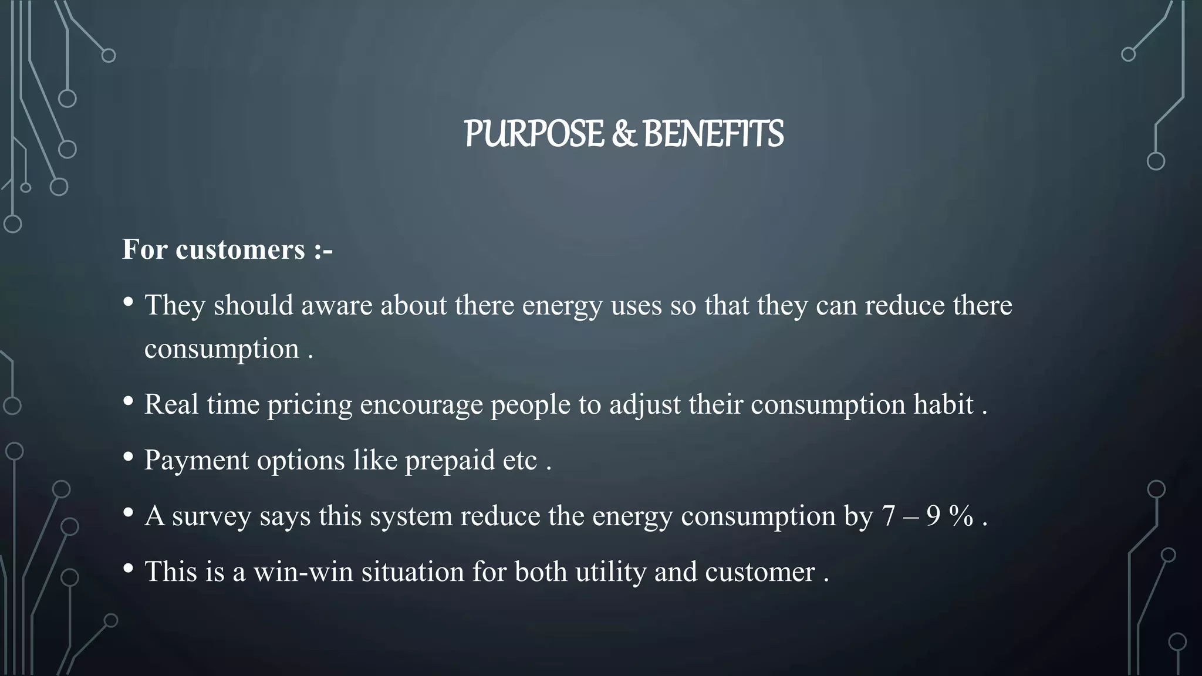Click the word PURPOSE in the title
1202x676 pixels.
[x=534, y=134]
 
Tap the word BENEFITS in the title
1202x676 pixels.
[x=713, y=134]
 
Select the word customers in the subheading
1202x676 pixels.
[x=240, y=249]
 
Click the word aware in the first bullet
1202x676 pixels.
[x=336, y=306]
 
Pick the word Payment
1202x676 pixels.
[x=196, y=461]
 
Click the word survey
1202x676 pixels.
[x=211, y=516]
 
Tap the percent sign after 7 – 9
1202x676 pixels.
[x=961, y=516]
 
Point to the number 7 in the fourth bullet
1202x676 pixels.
[x=888, y=516]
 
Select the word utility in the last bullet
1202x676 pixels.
[x=610, y=572]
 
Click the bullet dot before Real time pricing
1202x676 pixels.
[x=129, y=402]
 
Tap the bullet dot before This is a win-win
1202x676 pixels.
[x=129, y=569]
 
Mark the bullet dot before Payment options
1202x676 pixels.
[x=129, y=457]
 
